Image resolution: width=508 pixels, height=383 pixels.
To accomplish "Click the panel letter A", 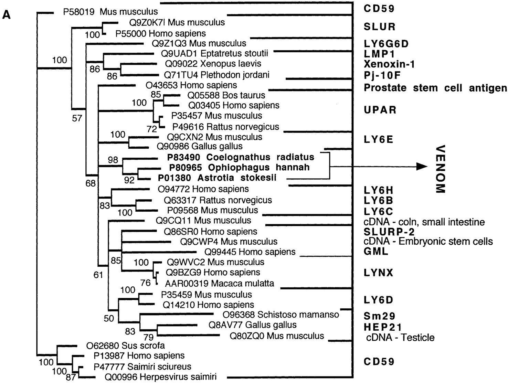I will tap(7, 15).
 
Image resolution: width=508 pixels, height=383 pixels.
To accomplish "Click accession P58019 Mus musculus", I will tap(110, 12).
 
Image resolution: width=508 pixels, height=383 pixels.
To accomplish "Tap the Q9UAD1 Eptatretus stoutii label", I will tap(214, 53).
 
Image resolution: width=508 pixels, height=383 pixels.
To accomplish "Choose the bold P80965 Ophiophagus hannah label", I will tap(239, 168).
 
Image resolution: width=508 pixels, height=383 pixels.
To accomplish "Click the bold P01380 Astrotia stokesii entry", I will tap(217, 178).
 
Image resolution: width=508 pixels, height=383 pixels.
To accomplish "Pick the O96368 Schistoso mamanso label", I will tap(281, 315).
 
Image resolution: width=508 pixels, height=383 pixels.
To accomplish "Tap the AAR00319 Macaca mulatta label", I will tap(220, 284).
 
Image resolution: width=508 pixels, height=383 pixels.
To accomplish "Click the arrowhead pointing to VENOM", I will tap(421, 167).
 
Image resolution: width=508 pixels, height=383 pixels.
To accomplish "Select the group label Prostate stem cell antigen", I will tap(435, 88).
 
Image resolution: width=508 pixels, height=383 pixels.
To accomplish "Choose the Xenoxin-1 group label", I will tap(389, 64).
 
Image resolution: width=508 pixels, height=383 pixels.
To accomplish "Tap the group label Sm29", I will tap(379, 316).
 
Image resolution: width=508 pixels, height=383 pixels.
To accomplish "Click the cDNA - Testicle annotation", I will tap(400, 337).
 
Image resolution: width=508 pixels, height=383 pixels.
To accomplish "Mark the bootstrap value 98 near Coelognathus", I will tap(113, 160).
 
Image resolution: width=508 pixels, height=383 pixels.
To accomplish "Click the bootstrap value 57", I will tap(77, 118).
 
